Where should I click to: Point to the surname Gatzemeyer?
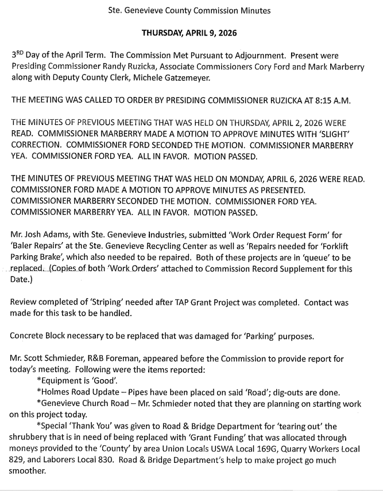[191, 77]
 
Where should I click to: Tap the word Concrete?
[29, 336]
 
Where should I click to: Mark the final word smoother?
[30, 471]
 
